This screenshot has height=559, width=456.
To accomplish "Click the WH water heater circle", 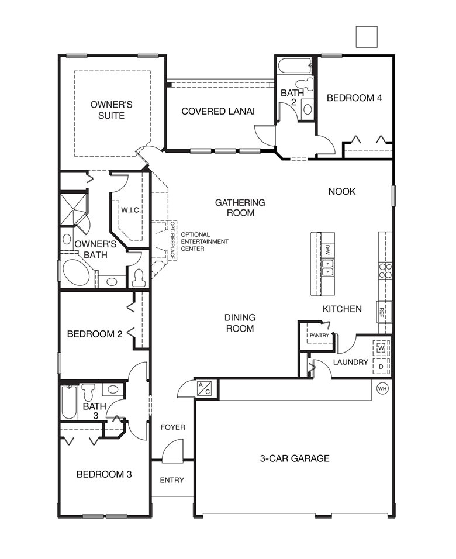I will click(x=382, y=388).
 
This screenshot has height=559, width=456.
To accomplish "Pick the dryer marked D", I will click(x=381, y=367).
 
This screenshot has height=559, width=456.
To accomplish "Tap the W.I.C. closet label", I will click(x=130, y=209).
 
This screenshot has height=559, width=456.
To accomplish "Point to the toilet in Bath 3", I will click(x=89, y=390).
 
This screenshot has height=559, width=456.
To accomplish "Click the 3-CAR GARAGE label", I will click(x=294, y=458).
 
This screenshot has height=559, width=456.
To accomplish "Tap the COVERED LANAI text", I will click(x=217, y=111).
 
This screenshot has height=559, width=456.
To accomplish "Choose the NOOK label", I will click(x=342, y=191).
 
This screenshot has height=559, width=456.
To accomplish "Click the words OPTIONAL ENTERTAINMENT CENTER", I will click(x=205, y=241).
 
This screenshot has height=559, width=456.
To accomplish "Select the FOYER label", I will click(x=172, y=427).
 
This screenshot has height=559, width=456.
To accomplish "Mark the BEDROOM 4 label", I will click(x=354, y=98).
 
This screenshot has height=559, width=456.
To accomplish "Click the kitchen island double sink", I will click(x=328, y=268).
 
